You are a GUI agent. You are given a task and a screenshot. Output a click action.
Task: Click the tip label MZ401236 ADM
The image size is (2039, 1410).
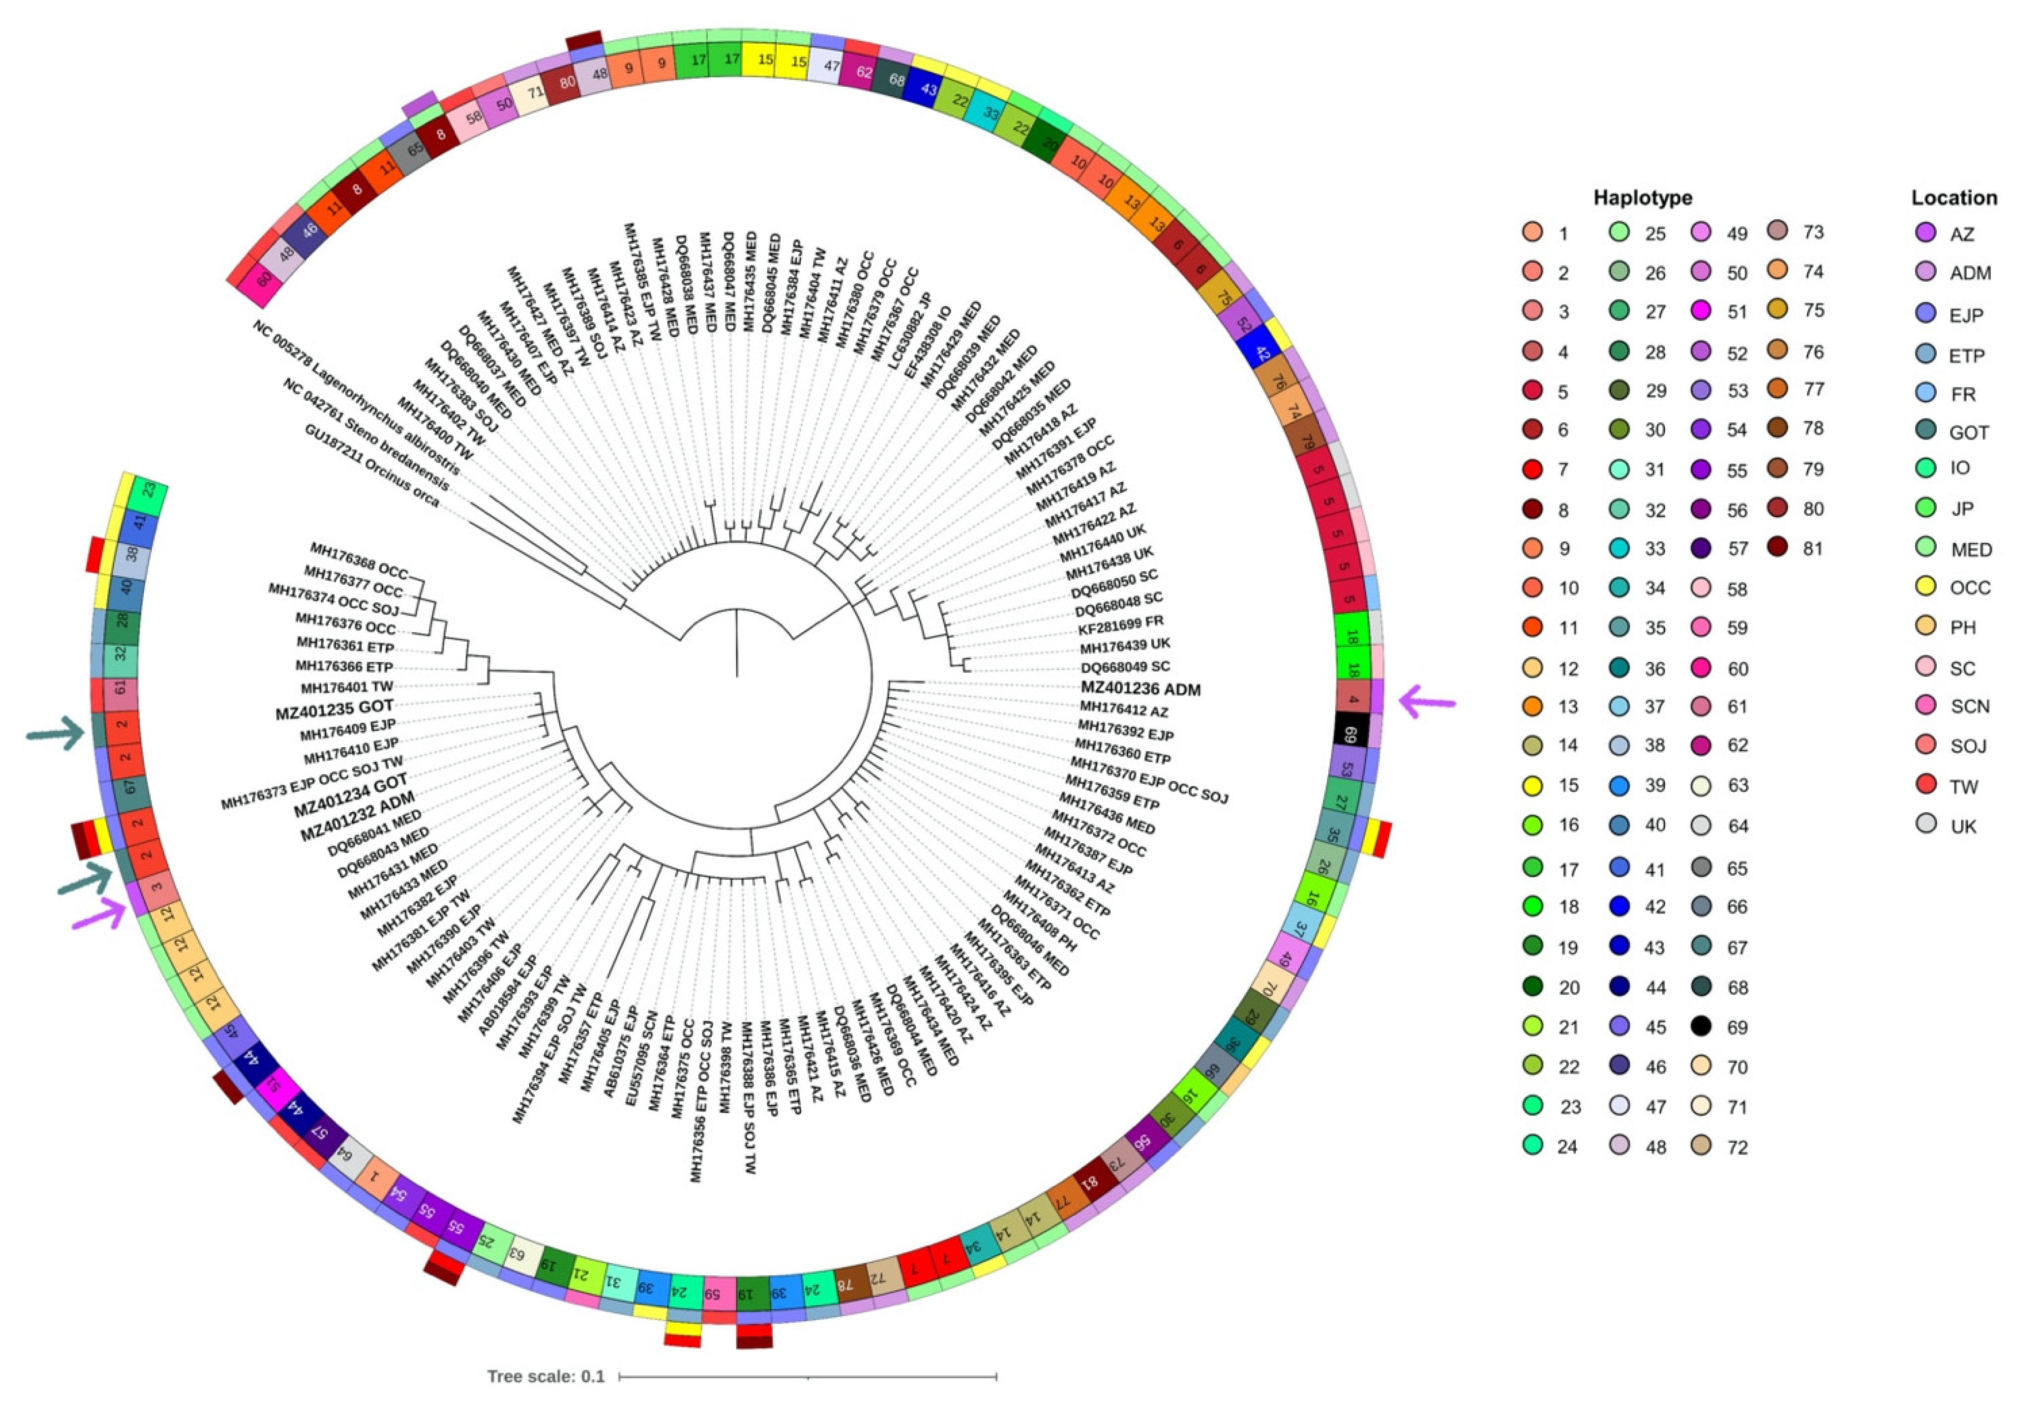click(x=1140, y=689)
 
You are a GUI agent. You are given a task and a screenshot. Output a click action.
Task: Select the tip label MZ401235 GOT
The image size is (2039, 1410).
click(x=334, y=708)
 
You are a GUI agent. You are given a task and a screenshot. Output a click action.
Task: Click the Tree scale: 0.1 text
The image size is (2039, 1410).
click(x=545, y=1376)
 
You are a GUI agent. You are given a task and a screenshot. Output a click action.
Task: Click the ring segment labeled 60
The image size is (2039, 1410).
click(x=262, y=278)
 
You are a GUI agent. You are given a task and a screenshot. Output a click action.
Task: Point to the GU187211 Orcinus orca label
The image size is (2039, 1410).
click(x=372, y=465)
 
